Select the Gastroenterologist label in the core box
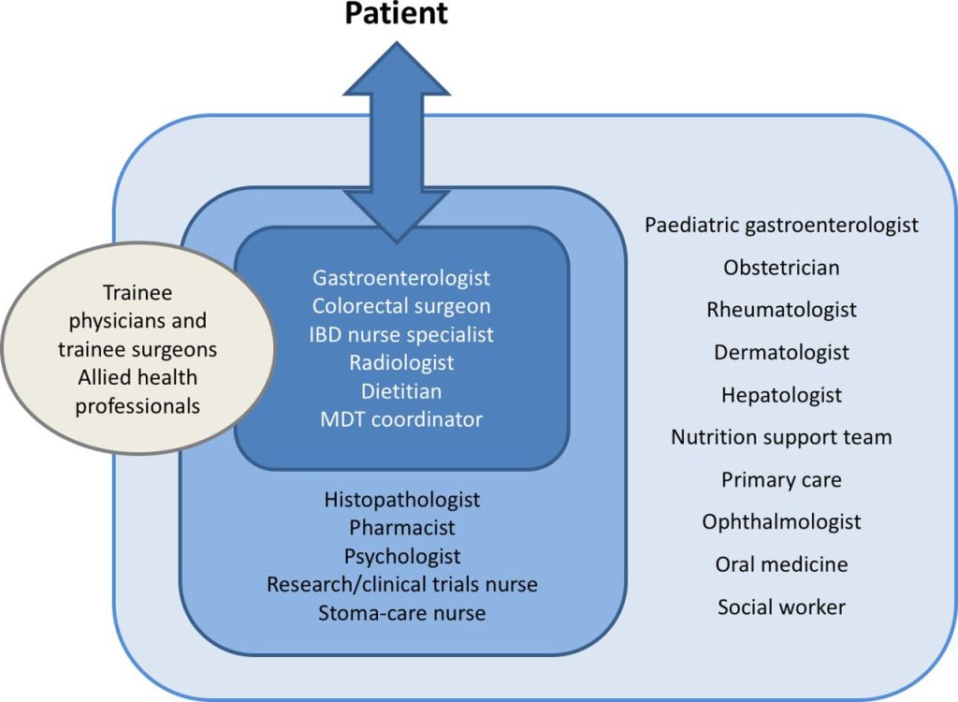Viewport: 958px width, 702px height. pos(401,278)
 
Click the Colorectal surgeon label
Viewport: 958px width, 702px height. pos(401,306)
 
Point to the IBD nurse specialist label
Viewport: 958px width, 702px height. pos(401,334)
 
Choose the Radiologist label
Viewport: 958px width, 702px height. pos(401,362)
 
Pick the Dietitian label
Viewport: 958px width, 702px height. pos(401,390)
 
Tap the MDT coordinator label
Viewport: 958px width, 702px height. pos(401,418)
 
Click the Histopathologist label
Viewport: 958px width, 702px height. pos(401,500)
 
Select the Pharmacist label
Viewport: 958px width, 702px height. pos(401,528)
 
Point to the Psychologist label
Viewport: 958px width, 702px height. pos(401,556)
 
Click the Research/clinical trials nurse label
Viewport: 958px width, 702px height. pos(401,585)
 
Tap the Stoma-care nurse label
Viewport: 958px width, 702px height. pos(401,613)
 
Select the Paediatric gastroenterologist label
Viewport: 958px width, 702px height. pos(781,225)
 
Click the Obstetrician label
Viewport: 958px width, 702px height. pos(781,268)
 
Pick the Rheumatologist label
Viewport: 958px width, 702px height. pos(781,310)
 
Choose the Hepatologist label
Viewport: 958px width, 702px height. pos(781,395)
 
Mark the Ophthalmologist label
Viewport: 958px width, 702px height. pos(781,522)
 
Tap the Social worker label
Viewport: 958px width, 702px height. pos(781,607)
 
